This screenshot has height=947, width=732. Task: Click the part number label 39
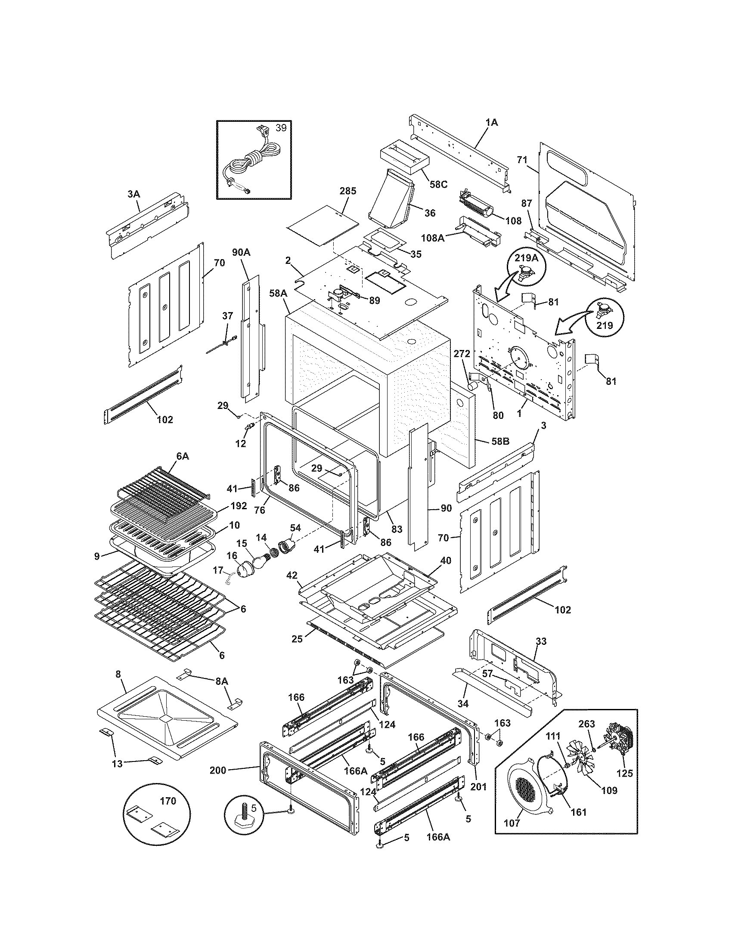(x=281, y=127)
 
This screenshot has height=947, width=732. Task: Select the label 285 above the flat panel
(x=347, y=191)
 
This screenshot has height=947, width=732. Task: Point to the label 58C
(x=438, y=184)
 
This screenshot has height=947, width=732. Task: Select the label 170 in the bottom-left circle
(x=168, y=801)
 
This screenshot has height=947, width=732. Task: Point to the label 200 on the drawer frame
(x=218, y=770)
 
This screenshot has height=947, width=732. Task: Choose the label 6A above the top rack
(x=182, y=457)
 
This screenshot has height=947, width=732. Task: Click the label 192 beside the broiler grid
(x=239, y=506)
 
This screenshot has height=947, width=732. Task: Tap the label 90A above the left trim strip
(x=241, y=252)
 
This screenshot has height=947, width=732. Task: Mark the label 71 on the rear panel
(x=522, y=160)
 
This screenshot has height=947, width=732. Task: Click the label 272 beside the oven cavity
(x=462, y=354)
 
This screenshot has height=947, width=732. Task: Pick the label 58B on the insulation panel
(x=500, y=442)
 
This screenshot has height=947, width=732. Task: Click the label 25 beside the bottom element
(x=297, y=651)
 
